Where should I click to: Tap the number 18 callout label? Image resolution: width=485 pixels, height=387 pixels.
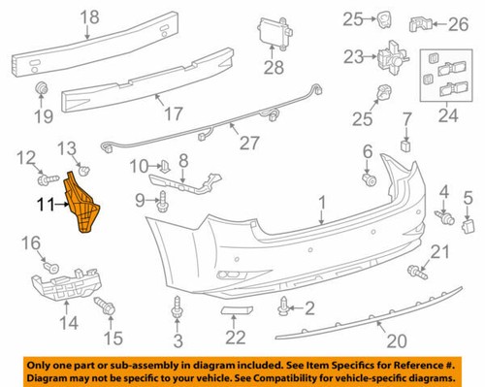click(x=90, y=17)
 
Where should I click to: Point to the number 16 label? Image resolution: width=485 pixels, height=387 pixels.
click(x=28, y=242)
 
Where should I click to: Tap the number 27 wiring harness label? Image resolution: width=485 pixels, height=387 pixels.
click(x=250, y=144)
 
